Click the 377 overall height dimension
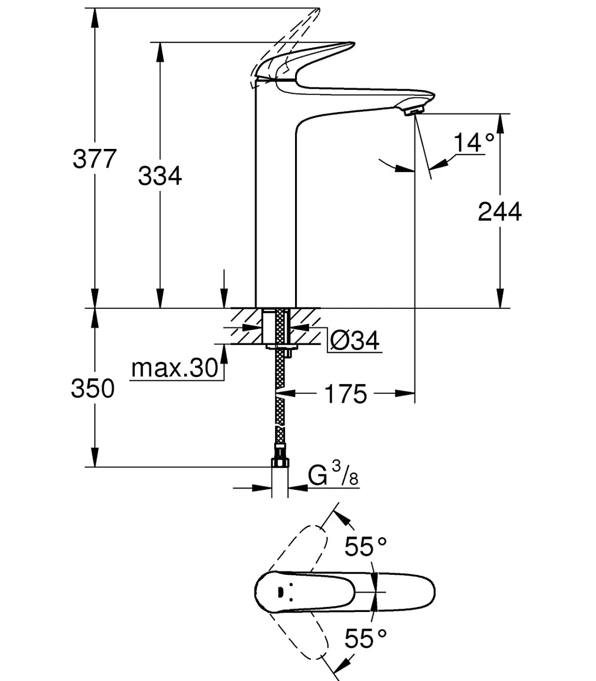point(95,159)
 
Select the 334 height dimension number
point(160,176)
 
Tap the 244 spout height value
point(500,211)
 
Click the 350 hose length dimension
point(93,389)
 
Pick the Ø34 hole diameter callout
point(354,340)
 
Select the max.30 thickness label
point(175,368)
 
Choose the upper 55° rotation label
point(366,546)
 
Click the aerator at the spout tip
point(414,111)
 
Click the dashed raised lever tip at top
point(318,11)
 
